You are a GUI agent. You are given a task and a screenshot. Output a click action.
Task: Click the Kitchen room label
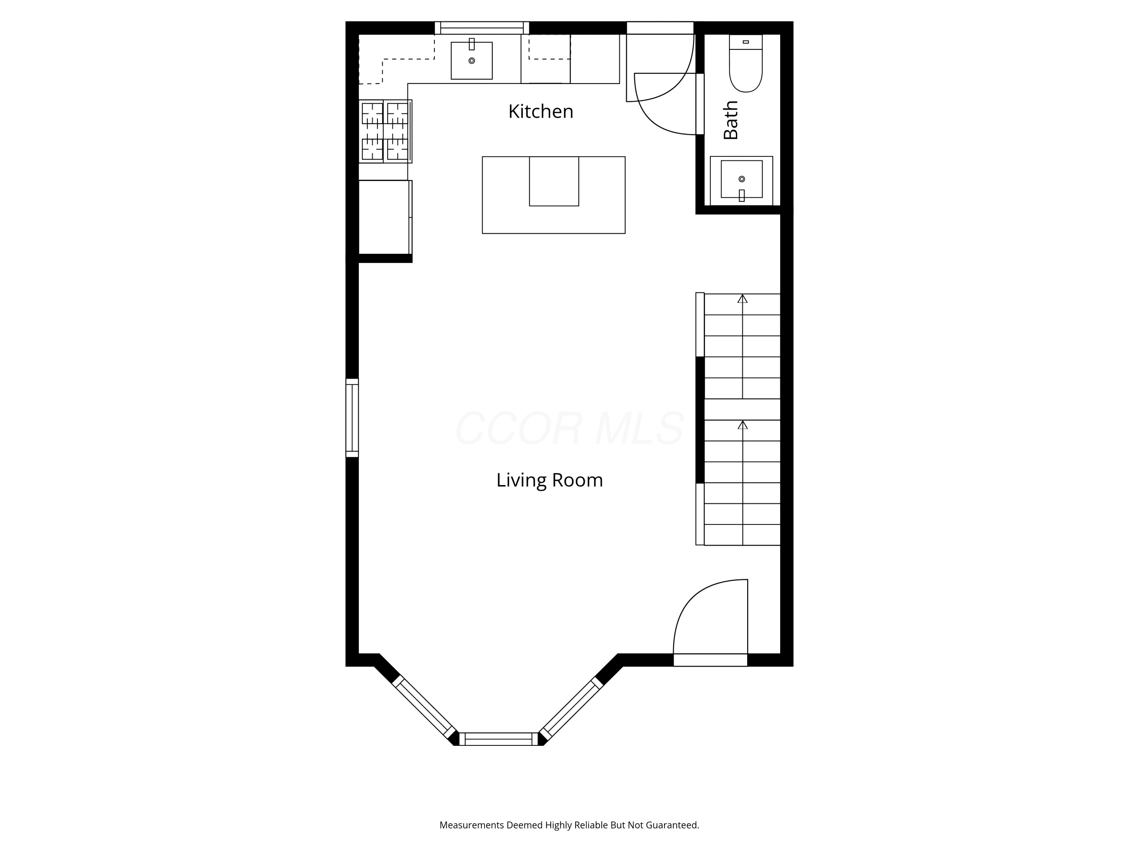point(541,111)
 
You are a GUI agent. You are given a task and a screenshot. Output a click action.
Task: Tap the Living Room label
point(549,480)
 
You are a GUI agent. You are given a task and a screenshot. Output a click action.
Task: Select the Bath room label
point(731,120)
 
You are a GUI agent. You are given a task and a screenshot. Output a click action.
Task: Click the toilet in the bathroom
point(746,63)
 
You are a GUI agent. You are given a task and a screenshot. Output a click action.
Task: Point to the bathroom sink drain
point(741,179)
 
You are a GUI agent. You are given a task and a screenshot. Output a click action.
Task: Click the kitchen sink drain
point(472,61)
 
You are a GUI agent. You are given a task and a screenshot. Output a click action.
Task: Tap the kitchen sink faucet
point(472,44)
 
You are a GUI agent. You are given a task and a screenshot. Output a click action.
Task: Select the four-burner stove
point(385,131)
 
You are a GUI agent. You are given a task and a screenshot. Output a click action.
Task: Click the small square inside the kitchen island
point(554,181)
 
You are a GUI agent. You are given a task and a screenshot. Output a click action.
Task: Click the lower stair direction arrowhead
point(743,425)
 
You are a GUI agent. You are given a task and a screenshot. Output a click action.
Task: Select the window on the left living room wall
point(352,418)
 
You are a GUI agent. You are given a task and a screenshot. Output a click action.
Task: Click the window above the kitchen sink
point(482,28)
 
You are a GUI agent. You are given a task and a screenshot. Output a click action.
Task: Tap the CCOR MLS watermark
point(569,428)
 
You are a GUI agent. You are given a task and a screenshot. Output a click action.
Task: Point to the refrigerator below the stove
point(385,217)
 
